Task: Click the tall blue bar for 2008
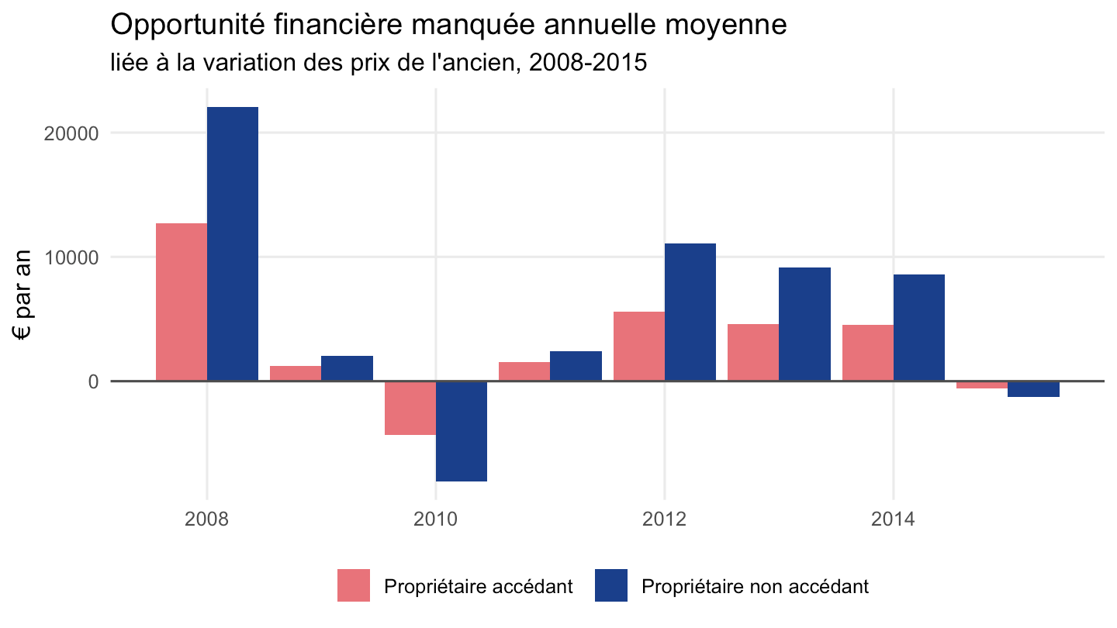(x=233, y=243)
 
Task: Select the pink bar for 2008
(x=182, y=302)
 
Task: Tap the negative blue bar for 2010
(x=462, y=431)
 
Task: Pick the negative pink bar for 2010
(x=410, y=408)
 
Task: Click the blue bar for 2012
(x=690, y=312)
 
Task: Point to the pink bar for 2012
(x=639, y=347)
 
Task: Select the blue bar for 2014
(x=919, y=328)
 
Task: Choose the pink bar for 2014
(x=868, y=353)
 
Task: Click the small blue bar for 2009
(x=347, y=368)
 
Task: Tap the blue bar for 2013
(x=805, y=324)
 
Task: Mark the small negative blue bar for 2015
(x=1034, y=389)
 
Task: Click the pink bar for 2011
(x=524, y=372)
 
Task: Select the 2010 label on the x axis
(x=435, y=519)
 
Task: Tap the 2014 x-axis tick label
(x=893, y=519)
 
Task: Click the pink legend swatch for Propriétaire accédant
(x=354, y=585)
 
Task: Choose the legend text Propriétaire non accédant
(x=755, y=587)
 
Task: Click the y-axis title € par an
(x=22, y=295)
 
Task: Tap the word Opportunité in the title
(x=188, y=26)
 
